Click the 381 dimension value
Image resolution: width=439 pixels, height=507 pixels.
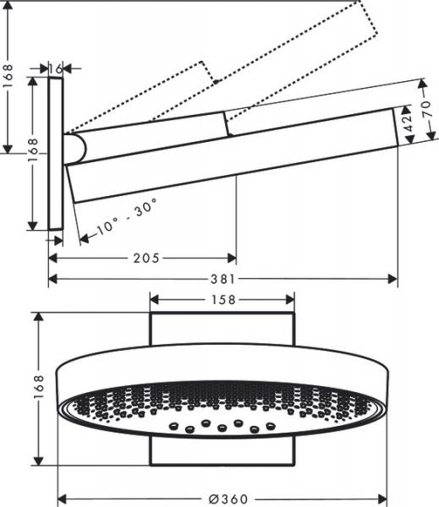pyautogui.click(x=222, y=279)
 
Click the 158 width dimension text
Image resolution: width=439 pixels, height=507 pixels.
pyautogui.click(x=222, y=299)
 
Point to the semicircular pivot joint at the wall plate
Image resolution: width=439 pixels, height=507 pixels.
pyautogui.click(x=76, y=149)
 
